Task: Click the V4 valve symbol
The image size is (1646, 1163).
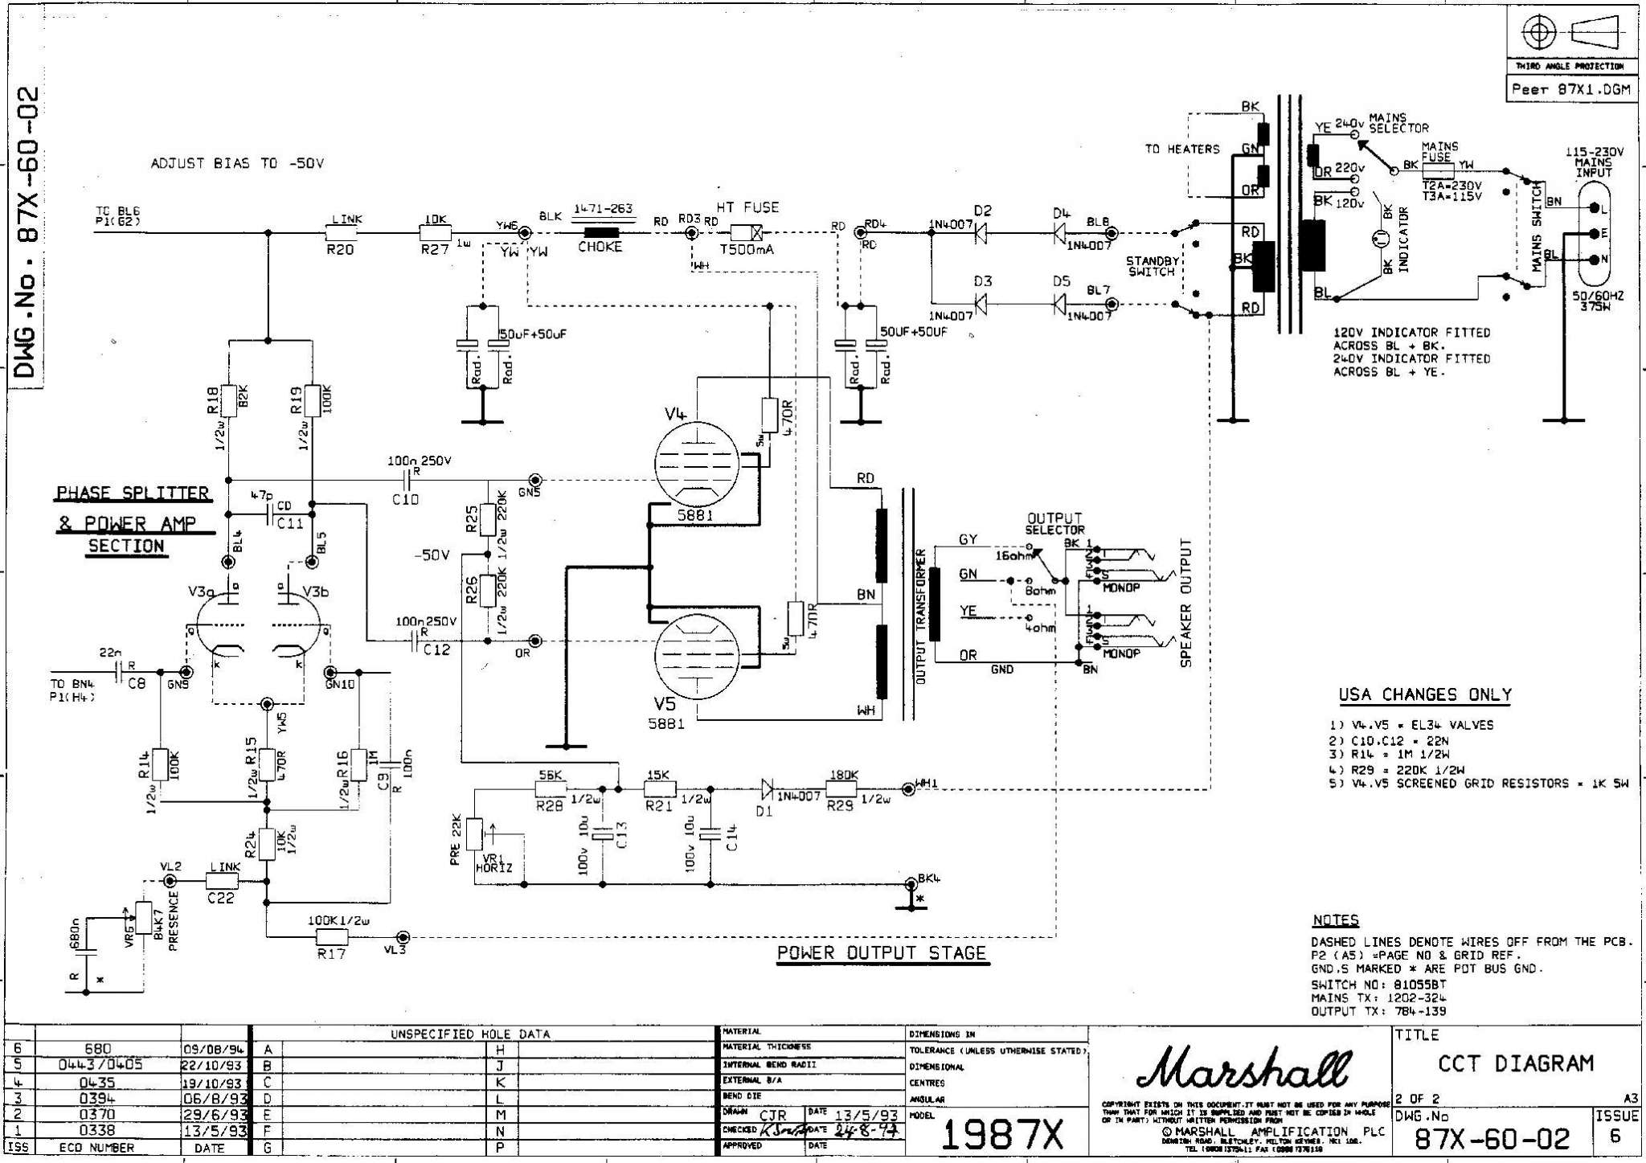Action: point(696,464)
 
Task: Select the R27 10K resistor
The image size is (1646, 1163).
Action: point(435,233)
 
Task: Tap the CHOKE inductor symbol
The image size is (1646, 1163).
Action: point(600,233)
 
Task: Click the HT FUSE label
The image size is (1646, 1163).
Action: point(747,207)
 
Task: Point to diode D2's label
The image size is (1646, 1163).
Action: point(982,211)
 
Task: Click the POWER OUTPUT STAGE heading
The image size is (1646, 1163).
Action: point(881,953)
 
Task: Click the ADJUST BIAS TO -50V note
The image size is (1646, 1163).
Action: point(237,164)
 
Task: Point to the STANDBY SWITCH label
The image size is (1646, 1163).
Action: point(1152,266)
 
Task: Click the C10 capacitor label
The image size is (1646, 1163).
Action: point(405,499)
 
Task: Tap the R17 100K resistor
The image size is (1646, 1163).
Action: point(331,936)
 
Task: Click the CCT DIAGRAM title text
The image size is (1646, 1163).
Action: point(1516,1063)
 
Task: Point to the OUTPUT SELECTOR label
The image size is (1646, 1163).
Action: point(1054,524)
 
